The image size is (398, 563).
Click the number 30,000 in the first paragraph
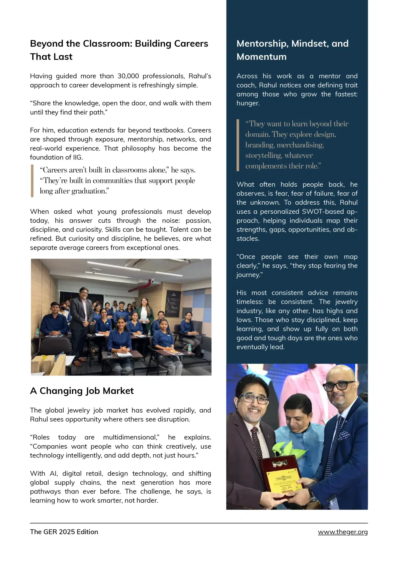pyautogui.click(x=128, y=76)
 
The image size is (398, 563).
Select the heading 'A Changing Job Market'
pyautogui.click(x=82, y=391)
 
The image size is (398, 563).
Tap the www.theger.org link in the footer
pyautogui.click(x=342, y=532)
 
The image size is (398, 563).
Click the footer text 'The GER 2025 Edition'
pyautogui.click(x=64, y=532)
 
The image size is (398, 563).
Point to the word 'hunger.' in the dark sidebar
pyautogui.click(x=248, y=103)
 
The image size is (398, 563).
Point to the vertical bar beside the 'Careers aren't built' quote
pyautogui.click(x=32, y=181)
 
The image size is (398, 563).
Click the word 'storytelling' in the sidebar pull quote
pyautogui.click(x=263, y=156)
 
